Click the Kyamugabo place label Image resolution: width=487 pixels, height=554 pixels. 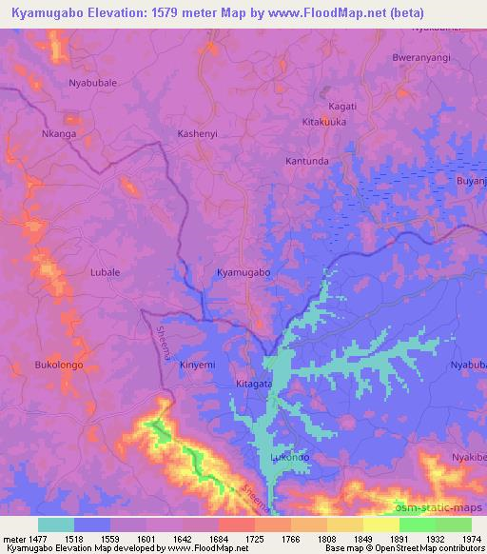tap(243, 272)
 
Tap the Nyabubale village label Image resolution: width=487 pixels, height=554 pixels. tap(92, 83)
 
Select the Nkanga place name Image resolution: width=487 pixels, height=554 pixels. tap(58, 133)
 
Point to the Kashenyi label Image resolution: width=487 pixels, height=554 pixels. tap(198, 133)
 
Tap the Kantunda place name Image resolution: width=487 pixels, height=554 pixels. tap(307, 161)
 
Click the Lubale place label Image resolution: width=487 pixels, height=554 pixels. tap(105, 271)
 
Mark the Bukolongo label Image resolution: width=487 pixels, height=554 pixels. tap(59, 365)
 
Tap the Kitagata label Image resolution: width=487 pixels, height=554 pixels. tap(254, 384)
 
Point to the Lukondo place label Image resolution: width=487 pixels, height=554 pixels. tap(290, 457)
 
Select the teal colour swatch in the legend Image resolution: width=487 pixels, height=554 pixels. tap(55, 524)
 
